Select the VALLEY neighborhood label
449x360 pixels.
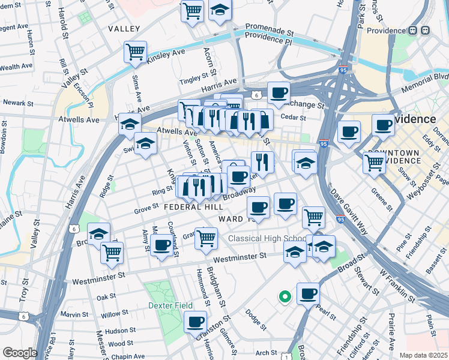point(124,29)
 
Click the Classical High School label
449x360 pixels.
point(268,239)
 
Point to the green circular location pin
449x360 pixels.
point(285,296)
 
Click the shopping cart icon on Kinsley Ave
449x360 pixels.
point(136,51)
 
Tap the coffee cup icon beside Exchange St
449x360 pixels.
point(279,92)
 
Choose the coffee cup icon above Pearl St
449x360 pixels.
point(308,293)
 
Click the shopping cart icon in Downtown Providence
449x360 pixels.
point(375,161)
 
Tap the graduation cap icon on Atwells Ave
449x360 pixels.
point(130,124)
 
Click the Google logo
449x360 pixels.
point(20,353)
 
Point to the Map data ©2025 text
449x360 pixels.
point(423,355)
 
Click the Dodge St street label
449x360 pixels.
point(255,321)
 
